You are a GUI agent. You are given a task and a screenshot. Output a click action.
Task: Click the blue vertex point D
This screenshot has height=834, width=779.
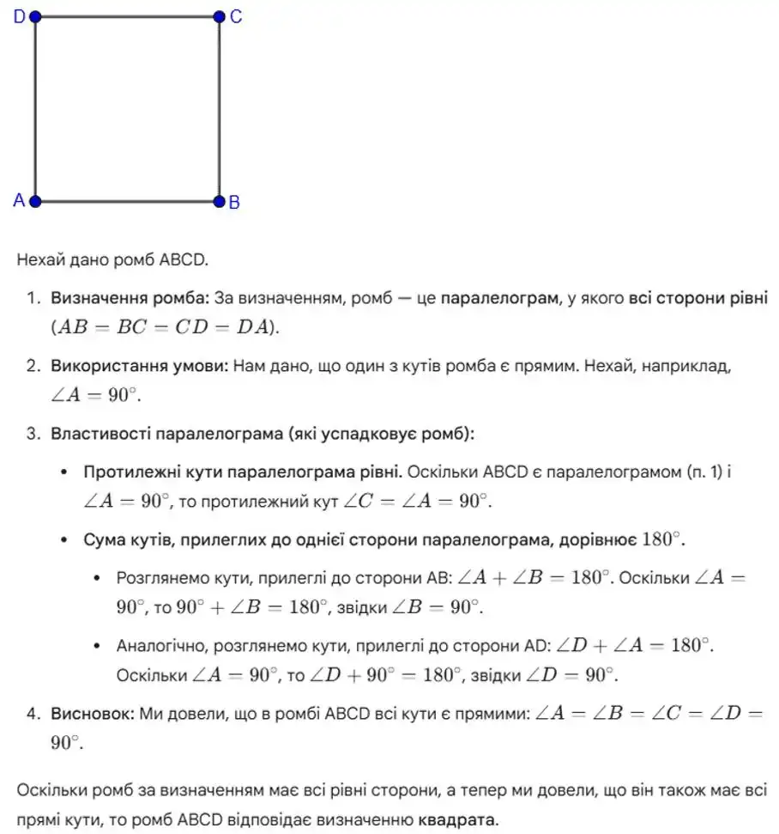tap(35, 15)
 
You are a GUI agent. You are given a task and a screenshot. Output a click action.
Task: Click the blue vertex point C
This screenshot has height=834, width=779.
tap(219, 15)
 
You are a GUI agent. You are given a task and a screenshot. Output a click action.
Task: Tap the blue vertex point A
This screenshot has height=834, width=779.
tap(35, 202)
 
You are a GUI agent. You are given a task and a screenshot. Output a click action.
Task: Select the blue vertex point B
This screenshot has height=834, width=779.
tap(219, 202)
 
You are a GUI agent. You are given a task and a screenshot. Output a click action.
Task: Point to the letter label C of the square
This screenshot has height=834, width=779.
tap(236, 16)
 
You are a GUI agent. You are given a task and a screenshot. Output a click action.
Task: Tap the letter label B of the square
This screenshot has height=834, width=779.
tap(234, 203)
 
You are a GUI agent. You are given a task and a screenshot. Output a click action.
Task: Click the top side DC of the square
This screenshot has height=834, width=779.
tap(127, 15)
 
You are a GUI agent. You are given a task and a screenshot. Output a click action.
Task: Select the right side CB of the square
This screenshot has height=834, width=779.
tap(219, 109)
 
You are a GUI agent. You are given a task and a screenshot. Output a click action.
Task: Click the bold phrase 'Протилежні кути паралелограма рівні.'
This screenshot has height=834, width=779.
tap(242, 472)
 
